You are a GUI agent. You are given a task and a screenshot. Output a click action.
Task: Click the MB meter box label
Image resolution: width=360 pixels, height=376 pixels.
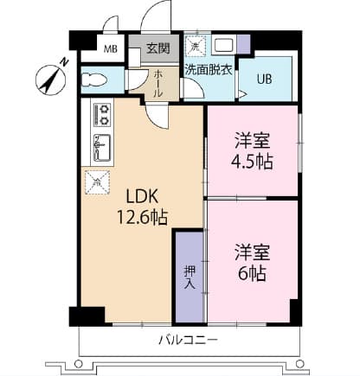coord(111,49)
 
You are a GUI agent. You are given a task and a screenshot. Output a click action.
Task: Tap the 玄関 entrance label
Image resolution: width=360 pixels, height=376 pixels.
coord(157,48)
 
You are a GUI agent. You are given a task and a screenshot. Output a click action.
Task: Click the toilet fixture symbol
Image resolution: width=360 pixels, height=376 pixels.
coord(93,80)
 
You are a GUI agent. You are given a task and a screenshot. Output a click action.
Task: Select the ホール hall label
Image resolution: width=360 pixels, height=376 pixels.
coord(158,84)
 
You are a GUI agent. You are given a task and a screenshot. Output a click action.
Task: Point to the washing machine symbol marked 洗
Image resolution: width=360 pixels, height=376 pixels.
coord(196,45)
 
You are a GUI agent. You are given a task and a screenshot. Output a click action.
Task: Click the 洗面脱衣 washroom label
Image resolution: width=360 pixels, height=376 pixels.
coord(209,69)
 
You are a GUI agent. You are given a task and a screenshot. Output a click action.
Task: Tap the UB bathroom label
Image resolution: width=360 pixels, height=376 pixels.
coord(265,80)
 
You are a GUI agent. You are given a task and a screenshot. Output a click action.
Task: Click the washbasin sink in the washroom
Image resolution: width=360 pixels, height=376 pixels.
coord(224,45)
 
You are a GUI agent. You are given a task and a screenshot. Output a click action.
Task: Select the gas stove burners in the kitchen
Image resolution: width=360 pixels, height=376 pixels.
coord(102,115)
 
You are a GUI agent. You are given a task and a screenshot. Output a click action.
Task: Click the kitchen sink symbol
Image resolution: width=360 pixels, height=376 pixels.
coord(102,148)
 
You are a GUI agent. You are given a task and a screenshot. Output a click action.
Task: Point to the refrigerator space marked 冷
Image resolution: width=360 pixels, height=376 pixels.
coord(97,182)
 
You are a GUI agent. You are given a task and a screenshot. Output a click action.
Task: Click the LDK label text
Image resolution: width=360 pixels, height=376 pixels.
coord(142,197)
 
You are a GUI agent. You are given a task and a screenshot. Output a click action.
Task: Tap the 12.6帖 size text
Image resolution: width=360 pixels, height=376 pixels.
coord(142,217)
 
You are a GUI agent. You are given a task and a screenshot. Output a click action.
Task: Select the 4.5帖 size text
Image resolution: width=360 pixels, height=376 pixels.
coord(252,162)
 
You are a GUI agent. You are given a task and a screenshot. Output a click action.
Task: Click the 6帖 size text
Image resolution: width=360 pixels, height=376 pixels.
coord(252,273)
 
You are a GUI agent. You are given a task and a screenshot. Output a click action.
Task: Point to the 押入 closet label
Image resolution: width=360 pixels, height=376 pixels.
coord(190,277)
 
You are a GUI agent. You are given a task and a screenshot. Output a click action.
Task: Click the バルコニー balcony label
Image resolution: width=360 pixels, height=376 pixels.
coord(188,341)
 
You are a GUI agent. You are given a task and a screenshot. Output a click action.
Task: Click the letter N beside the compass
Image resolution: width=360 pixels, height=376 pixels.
coord(65,61)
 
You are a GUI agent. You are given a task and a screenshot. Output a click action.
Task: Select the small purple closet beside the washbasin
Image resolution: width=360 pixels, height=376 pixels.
coord(243,44)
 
